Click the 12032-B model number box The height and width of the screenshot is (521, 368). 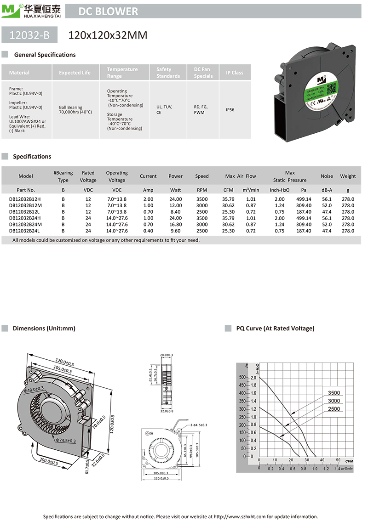tap(29, 35)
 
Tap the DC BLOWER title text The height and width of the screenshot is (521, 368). tap(108, 11)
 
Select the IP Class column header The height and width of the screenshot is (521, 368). tap(235, 73)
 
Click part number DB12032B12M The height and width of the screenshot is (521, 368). tap(26, 205)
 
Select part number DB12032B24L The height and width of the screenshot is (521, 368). tap(25, 231)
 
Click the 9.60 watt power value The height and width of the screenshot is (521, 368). tap(175, 231)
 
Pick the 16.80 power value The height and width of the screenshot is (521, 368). tap(175, 224)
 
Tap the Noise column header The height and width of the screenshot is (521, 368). tap(327, 176)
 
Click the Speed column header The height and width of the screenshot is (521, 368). tap(201, 176)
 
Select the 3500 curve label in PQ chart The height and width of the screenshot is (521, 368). tap(334, 393)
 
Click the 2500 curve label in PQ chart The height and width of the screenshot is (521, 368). tap(334, 408)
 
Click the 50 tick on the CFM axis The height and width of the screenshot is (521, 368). tap(338, 460)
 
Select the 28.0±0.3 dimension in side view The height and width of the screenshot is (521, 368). tap(167, 355)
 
